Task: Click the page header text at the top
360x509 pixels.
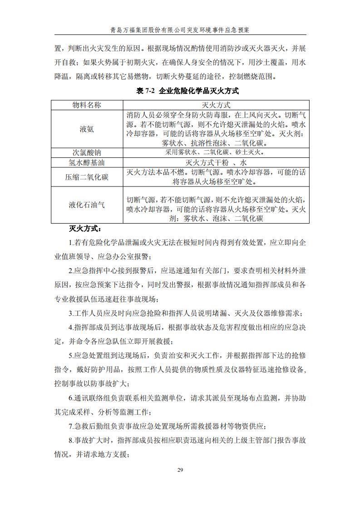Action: tap(180, 30)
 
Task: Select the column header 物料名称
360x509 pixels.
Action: tap(87, 105)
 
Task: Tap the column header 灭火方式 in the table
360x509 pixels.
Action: tap(216, 105)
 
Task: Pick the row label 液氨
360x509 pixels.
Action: tap(87, 129)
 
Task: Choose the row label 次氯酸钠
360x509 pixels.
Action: tap(87, 152)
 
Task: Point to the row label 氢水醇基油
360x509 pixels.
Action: tap(87, 162)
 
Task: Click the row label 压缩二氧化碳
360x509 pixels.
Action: tap(87, 177)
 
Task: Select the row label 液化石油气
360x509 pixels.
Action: tap(87, 205)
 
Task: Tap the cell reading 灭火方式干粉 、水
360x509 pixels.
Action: tap(216, 162)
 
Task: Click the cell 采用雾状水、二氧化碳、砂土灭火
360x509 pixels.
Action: tap(216, 152)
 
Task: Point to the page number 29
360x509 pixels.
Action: tap(180, 470)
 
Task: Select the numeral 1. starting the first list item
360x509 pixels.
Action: tap(71, 243)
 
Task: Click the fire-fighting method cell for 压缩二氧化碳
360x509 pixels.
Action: tap(216, 177)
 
